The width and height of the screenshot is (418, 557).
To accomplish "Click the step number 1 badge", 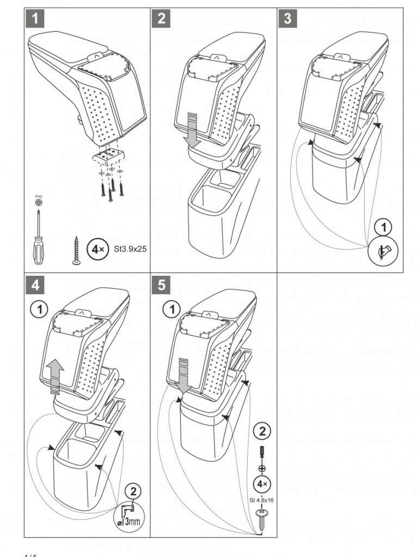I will (x=34, y=18).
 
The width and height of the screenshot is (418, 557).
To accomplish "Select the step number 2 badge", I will (x=161, y=18).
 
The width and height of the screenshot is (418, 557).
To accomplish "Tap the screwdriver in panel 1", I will (x=38, y=239).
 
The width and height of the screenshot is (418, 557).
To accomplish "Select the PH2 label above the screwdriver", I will (x=38, y=196).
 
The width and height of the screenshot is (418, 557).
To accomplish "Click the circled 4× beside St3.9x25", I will (x=98, y=250).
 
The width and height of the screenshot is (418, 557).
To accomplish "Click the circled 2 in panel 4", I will (x=132, y=491).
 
